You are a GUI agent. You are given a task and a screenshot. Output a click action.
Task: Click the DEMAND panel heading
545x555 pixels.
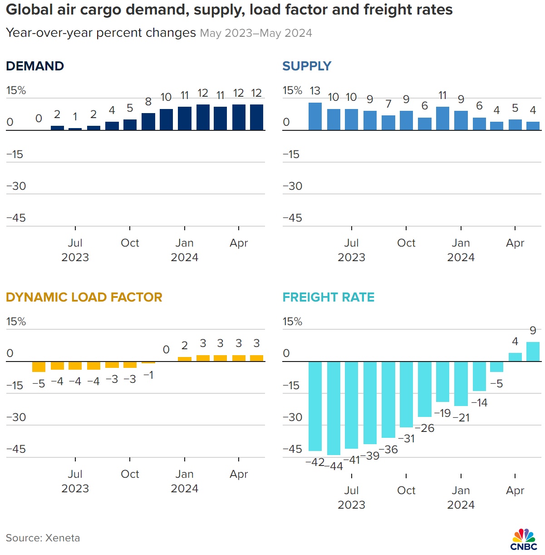[x=35, y=66]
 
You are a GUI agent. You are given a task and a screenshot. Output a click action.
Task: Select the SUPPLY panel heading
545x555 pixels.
[x=307, y=66]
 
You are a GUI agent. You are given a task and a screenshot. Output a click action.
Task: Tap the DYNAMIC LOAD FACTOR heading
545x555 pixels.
[x=84, y=297]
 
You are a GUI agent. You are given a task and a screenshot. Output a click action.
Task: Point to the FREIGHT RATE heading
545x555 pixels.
[x=329, y=297]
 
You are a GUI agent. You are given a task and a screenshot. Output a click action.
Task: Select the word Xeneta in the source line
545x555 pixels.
[x=63, y=538]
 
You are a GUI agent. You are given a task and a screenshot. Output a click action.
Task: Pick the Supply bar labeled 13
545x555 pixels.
[x=315, y=117]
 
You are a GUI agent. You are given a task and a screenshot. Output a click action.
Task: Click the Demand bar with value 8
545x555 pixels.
[x=148, y=122]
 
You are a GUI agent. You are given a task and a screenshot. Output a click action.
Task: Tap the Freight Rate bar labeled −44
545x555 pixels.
[x=334, y=408]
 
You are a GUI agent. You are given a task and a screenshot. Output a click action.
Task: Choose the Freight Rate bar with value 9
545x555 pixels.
[x=533, y=352]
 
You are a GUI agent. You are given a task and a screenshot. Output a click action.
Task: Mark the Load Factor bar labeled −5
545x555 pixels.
[x=39, y=367]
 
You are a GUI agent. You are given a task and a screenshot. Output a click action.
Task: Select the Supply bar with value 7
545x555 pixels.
[x=388, y=123]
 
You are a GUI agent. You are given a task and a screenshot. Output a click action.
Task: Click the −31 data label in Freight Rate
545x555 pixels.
[x=406, y=439]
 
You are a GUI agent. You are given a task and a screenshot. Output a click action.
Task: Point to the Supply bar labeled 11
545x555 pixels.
[x=442, y=119]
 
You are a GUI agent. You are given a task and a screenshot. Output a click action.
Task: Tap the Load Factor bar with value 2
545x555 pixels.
[x=185, y=359]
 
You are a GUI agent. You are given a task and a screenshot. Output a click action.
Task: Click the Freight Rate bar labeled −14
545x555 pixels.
[x=479, y=376]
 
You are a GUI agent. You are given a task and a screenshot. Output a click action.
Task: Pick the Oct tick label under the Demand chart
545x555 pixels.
[x=130, y=243]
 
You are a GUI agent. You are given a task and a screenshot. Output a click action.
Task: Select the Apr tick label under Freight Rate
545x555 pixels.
[x=515, y=491]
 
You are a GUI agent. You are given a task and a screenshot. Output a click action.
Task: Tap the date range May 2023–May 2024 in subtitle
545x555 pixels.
[x=256, y=33]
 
